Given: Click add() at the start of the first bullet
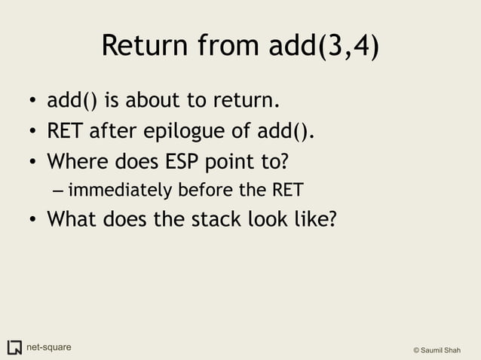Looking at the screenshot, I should tap(72, 100).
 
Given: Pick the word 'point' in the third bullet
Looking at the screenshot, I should tap(229, 161).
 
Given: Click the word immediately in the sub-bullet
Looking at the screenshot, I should tap(118, 189).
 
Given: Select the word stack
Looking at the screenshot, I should tap(210, 219).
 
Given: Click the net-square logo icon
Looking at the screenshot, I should tap(14, 347).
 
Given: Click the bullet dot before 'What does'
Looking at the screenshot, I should tap(34, 220).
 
